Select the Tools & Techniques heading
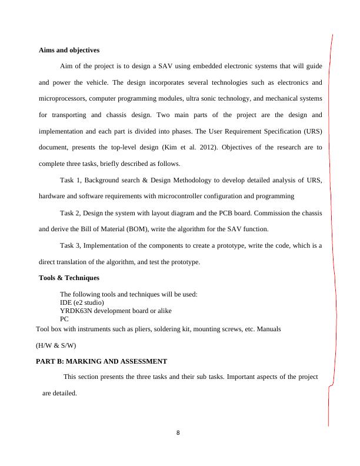(69, 278)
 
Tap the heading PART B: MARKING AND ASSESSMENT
(102, 361)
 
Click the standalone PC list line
(65, 319)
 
